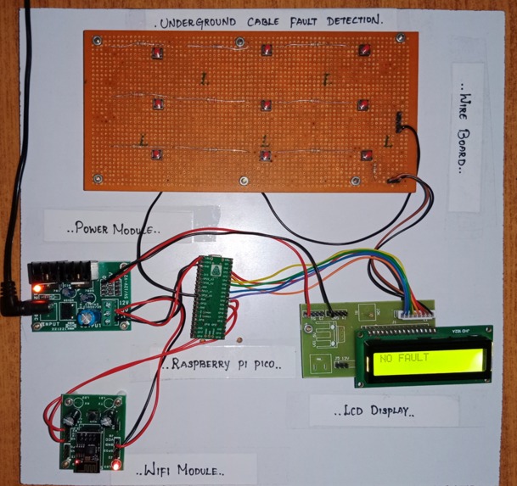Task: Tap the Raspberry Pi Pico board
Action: coord(211,297)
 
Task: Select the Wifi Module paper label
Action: coord(180,468)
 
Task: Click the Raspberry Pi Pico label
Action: coord(222,366)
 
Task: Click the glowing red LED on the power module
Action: coord(37,290)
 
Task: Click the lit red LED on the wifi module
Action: coord(115,466)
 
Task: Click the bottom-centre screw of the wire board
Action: coord(244,182)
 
